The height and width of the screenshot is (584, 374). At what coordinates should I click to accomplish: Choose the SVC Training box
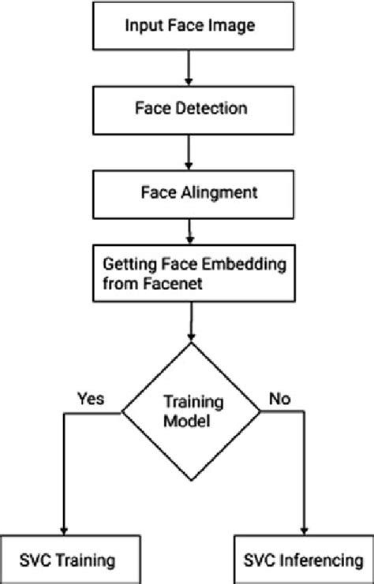63,561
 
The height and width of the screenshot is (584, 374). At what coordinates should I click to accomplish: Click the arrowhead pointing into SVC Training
62,531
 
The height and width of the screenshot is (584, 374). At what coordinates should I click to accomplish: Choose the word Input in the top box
143,26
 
